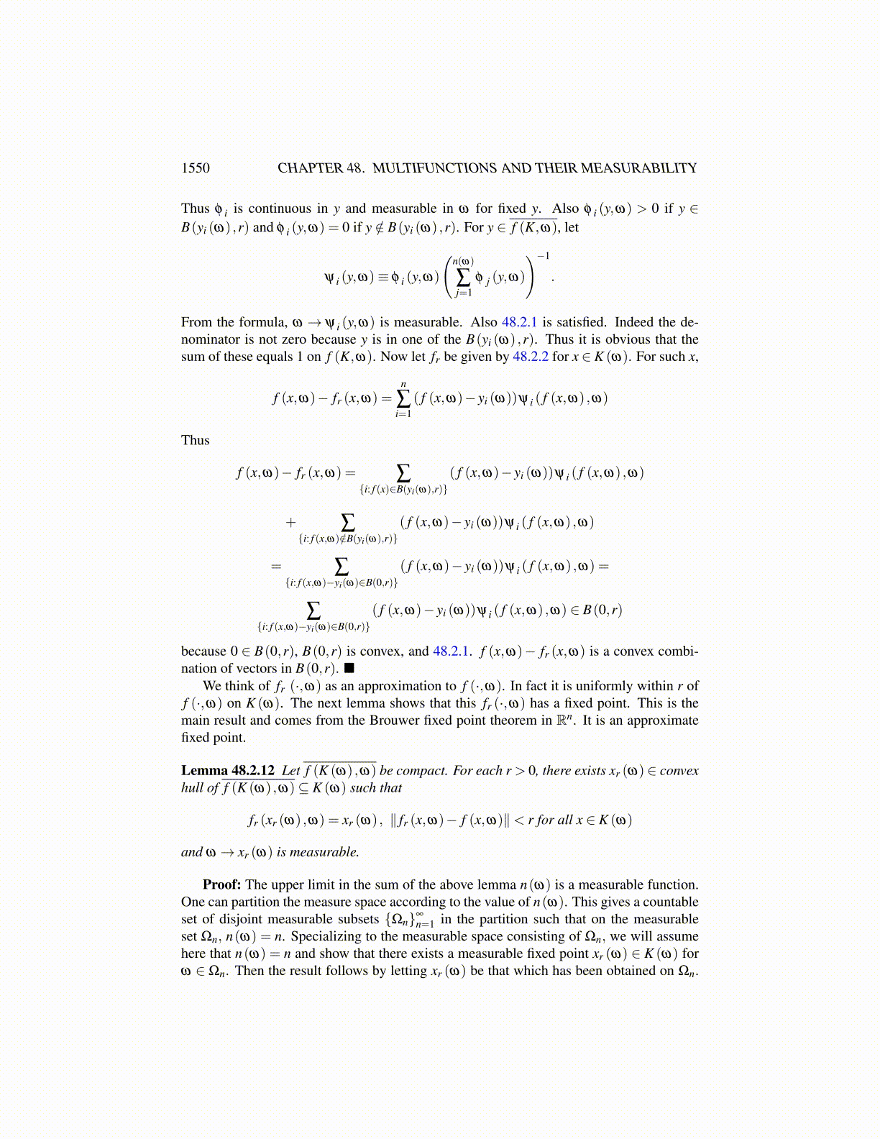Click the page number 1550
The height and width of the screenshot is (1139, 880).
click(x=195, y=168)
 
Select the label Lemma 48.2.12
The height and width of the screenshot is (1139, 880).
click(x=227, y=771)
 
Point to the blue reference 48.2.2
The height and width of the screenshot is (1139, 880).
click(x=530, y=357)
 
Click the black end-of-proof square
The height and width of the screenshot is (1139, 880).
click(x=349, y=669)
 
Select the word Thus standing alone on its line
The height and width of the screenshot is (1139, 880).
click(x=196, y=441)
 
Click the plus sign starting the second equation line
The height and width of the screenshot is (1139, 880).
click(x=290, y=523)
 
